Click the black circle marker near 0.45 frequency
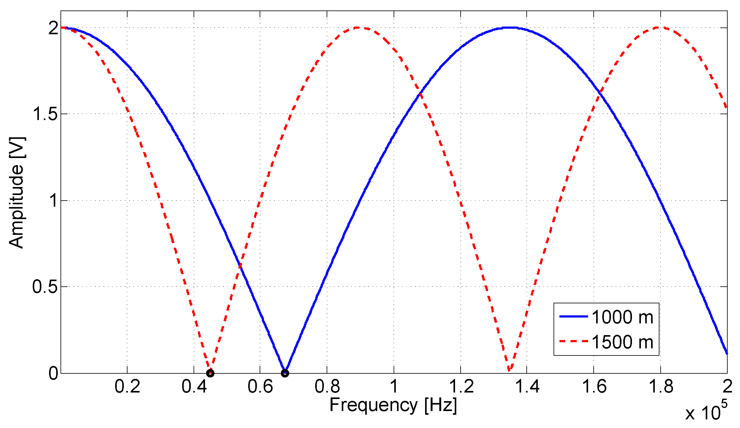(x=210, y=373)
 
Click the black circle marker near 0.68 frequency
(x=285, y=373)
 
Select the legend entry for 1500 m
(x=622, y=342)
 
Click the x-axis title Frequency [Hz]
(x=393, y=405)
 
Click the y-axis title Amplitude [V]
(x=16, y=192)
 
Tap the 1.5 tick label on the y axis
(x=45, y=114)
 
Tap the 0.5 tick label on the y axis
(x=45, y=287)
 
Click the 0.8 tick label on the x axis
(x=327, y=387)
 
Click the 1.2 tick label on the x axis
(x=461, y=387)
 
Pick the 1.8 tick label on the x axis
(x=661, y=387)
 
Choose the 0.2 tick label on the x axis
(x=127, y=387)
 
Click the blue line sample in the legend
(x=574, y=317)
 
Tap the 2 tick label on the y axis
(x=53, y=28)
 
